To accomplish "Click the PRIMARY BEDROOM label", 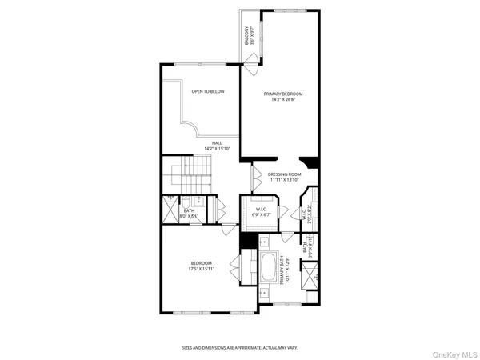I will [283, 94].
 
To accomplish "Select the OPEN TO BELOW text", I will [207, 91].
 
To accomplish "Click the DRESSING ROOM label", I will [284, 174].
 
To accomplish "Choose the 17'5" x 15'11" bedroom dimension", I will [201, 269].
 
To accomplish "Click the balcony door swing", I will [251, 61].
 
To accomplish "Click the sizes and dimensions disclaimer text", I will [239, 347].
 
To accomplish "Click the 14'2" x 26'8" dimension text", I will [283, 100].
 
